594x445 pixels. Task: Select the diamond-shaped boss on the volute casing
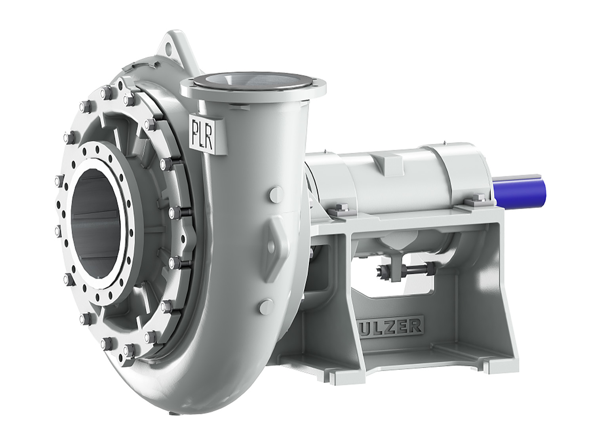point(274,241)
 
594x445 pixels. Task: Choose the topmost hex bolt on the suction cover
point(105,94)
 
